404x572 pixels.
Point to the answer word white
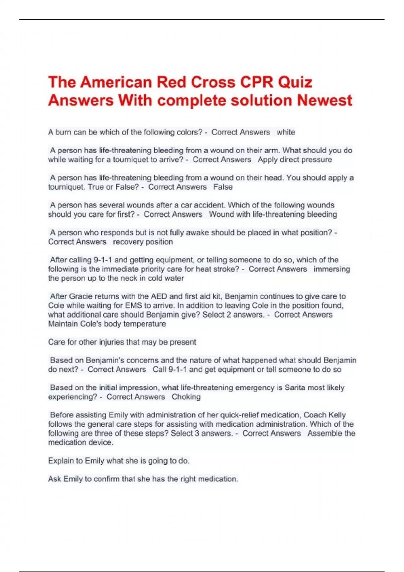(286, 132)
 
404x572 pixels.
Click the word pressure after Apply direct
(316, 159)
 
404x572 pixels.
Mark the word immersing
(332, 269)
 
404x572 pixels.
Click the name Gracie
(81, 296)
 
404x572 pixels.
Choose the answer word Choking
(186, 397)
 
